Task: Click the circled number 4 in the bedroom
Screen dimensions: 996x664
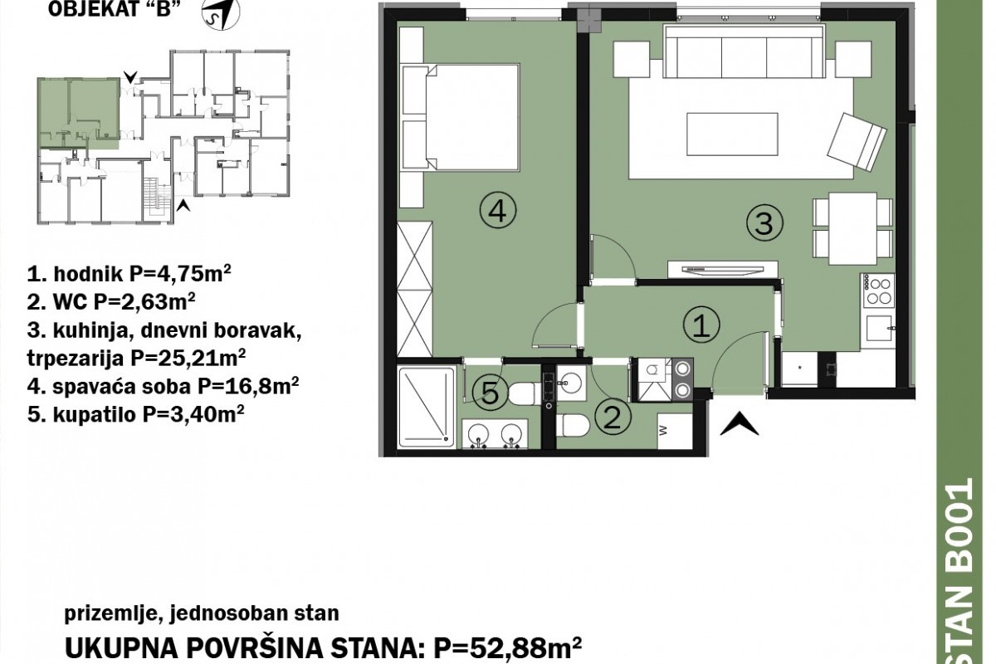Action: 497,212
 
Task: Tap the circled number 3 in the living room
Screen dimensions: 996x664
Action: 764,223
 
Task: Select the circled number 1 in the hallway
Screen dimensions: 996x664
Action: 701,325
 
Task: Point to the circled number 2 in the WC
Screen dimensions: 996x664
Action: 613,417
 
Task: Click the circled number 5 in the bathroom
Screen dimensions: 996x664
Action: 490,393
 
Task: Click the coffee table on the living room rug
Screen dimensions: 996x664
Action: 732,134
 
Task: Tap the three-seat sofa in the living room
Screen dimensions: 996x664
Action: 744,51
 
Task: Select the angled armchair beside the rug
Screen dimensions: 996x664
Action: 857,141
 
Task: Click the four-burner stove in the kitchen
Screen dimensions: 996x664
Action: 879,290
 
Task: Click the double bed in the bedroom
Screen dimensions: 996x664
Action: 461,117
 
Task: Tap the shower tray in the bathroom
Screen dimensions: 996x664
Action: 427,407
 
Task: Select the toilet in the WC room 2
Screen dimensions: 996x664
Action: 573,425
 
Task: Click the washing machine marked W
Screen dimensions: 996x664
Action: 675,431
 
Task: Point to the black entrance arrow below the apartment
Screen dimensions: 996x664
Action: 739,423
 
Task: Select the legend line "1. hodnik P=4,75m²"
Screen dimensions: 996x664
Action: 129,274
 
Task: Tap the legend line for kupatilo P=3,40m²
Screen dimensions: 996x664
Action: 135,414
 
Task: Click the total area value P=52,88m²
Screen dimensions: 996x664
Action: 507,649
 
